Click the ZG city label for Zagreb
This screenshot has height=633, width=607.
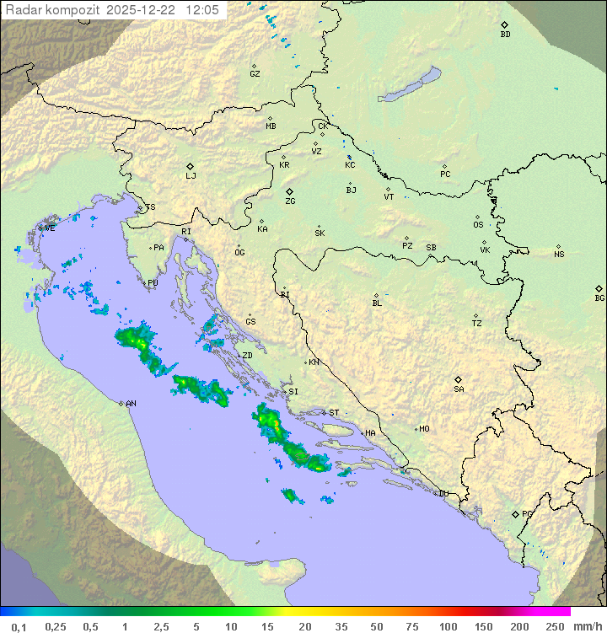click(x=290, y=201)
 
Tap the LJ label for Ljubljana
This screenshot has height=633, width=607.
click(x=191, y=176)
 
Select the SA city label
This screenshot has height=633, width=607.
click(x=459, y=389)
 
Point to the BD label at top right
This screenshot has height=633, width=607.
click(x=505, y=35)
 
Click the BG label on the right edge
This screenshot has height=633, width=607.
click(x=599, y=298)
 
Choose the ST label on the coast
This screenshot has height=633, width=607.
click(x=334, y=413)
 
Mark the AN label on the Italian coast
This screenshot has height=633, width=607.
click(x=131, y=404)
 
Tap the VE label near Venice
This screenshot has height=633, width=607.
click(x=50, y=228)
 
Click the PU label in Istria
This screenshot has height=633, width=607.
click(x=153, y=283)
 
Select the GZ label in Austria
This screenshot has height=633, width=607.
click(x=255, y=73)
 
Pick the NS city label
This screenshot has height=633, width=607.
click(x=559, y=255)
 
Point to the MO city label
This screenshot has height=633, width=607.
click(x=424, y=429)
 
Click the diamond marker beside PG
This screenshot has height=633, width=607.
click(x=515, y=513)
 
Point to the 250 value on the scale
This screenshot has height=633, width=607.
click(x=555, y=626)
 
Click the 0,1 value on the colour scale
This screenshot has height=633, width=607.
click(x=19, y=626)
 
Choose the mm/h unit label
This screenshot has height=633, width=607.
click(x=587, y=626)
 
